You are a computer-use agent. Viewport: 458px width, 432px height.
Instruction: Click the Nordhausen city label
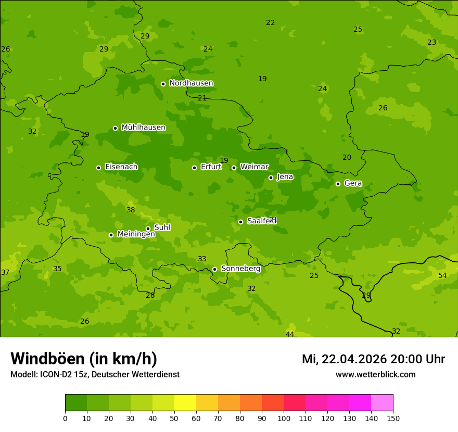tap(191, 83)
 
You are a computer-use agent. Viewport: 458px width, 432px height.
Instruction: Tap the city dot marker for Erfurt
tap(194, 168)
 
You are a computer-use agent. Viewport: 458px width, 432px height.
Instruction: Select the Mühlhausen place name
tap(143, 128)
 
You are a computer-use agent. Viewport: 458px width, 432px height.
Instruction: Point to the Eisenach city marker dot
tap(98, 168)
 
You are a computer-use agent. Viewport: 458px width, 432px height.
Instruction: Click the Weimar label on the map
tap(254, 167)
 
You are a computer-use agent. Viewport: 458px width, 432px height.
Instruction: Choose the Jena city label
tap(285, 177)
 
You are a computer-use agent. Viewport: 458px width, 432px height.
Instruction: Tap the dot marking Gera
tap(338, 184)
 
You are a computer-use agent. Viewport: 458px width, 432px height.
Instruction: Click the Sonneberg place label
tap(240, 269)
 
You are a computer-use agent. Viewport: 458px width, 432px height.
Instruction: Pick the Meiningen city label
tap(136, 234)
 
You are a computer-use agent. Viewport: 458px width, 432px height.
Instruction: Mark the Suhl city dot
tap(148, 228)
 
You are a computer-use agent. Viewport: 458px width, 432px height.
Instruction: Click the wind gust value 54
tap(442, 275)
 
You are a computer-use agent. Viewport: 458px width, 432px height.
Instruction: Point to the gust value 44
tap(290, 334)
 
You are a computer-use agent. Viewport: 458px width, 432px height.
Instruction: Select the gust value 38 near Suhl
tap(131, 210)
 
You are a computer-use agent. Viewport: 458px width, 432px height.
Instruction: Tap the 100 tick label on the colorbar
tap(284, 418)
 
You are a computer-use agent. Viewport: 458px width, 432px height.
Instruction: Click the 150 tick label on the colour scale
tap(393, 418)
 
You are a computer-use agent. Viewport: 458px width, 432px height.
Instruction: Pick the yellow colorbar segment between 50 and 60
tap(185, 403)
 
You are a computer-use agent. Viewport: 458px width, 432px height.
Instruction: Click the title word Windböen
tap(47, 359)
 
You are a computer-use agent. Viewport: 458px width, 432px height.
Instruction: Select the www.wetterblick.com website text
tap(375, 375)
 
